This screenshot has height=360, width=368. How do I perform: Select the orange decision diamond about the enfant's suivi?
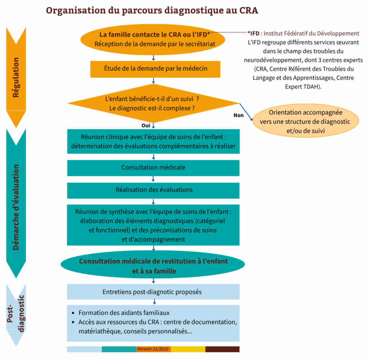click(153, 103)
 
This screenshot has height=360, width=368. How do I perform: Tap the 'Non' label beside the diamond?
click(238, 115)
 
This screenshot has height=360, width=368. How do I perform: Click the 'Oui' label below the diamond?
click(146, 126)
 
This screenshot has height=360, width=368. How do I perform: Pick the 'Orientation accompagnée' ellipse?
click(305, 122)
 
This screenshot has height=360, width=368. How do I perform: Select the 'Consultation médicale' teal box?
click(153, 168)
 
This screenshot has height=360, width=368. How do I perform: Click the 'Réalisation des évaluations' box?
click(153, 190)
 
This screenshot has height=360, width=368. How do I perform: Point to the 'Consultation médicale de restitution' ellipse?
click(153, 266)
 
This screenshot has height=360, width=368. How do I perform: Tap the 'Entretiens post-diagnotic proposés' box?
click(153, 292)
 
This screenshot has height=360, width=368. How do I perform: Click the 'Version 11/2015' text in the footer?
click(153, 349)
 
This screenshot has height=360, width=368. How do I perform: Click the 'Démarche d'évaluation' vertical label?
click(16, 207)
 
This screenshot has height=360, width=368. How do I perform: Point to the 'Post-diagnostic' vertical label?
click(16, 313)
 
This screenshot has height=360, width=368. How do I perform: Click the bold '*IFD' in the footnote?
click(253, 33)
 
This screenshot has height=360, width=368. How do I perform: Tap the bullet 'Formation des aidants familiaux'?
click(124, 313)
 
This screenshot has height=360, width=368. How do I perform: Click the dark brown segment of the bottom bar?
click(222, 349)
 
